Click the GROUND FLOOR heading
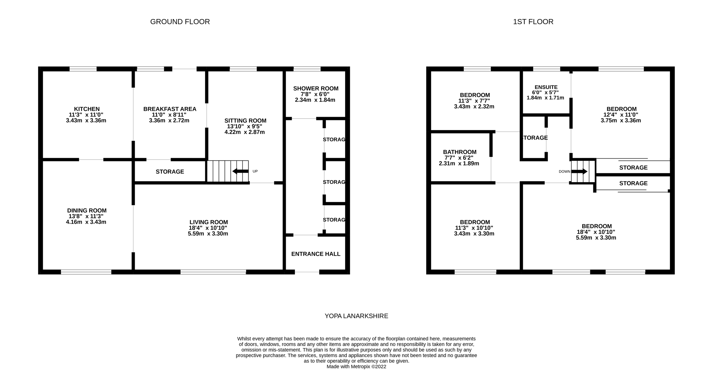(180, 22)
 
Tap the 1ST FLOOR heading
(533, 22)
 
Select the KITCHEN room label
(87, 109)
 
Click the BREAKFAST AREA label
(170, 109)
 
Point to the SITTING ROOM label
(245, 121)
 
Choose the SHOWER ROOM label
(316, 89)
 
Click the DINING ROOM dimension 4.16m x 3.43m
(86, 222)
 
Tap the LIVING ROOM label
(209, 222)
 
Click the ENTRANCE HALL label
(316, 254)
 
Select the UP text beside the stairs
(255, 171)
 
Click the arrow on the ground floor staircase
(240, 171)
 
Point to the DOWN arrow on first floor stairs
(579, 171)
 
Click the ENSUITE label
(546, 87)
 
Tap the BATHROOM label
(460, 152)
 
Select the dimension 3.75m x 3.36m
(621, 121)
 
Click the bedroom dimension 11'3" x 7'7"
(474, 101)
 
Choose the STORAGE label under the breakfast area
(170, 172)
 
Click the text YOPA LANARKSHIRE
(356, 316)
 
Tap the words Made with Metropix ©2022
(356, 367)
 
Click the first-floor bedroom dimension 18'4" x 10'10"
(596, 232)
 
